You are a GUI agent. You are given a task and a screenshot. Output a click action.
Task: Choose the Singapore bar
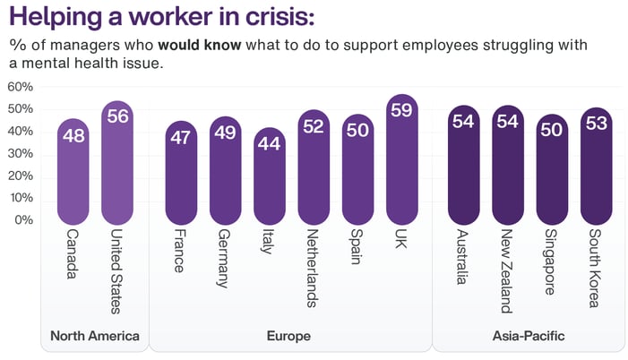coord(552,169)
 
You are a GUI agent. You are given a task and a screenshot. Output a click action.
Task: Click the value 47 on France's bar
coord(182,137)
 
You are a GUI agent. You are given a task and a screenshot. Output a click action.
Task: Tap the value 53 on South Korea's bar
coord(596,124)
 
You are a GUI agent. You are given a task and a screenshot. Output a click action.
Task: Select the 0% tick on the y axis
coord(24,219)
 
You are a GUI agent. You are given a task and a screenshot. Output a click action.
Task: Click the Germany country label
coord(225,258)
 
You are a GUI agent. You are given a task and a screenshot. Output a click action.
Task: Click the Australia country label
coord(463,257)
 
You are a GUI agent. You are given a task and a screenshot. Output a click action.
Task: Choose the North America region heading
coord(95,336)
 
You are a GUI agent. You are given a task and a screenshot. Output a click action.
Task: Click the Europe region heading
coord(289,336)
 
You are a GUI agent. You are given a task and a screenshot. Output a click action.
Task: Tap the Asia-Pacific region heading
coord(529,336)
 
